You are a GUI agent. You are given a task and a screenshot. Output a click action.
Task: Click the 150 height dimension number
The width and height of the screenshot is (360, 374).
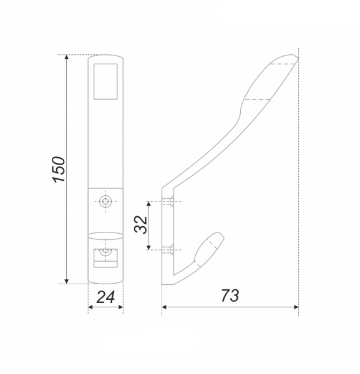59,170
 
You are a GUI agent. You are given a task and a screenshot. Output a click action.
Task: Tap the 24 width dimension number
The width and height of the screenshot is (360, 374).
106,297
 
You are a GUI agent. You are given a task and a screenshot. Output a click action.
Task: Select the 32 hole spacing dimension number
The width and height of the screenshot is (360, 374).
140,224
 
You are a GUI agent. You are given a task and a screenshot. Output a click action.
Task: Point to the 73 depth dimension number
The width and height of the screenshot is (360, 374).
230,295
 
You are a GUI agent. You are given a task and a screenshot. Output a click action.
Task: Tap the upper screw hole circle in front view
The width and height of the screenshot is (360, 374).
105,201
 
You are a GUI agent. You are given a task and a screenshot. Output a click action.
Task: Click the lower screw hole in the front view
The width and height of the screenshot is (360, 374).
105,251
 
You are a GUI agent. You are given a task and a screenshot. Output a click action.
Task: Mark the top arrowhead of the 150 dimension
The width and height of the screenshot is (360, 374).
67,57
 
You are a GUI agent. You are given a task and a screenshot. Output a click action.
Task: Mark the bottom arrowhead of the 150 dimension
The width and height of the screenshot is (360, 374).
67,282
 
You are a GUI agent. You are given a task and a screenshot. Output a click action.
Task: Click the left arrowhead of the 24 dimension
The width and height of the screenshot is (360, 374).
90,307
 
